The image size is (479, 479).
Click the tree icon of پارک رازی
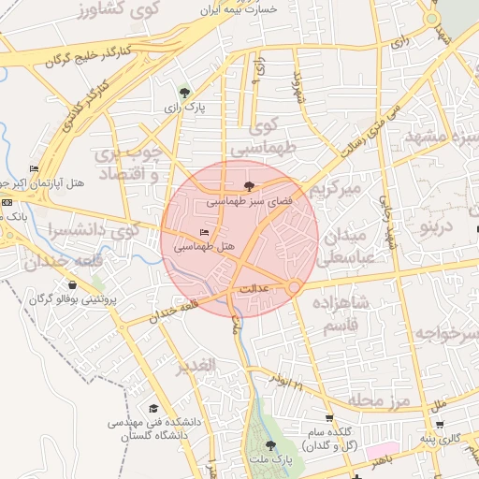pos(184,92)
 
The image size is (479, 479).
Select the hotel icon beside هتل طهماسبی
pos(205,232)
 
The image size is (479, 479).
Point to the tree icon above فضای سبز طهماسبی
pos(248,185)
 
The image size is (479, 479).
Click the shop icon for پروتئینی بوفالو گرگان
pos(72,285)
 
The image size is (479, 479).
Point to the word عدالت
pos(255,289)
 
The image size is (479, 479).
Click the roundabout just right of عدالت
pos(294,286)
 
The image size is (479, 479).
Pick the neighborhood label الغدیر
pos(196,364)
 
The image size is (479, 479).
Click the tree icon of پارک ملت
pos(271,445)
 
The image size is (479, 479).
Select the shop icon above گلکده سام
pos(328,417)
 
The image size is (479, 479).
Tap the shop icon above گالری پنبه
pos(439,424)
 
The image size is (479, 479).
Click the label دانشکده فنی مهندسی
pos(147,422)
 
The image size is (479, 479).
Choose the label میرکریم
pos(335,190)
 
